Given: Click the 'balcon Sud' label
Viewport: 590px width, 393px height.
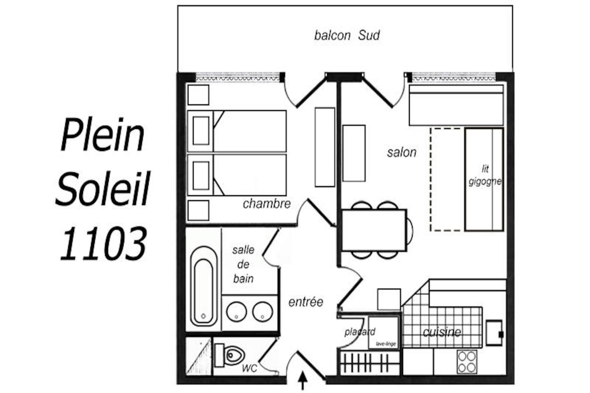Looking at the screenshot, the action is (x=347, y=35).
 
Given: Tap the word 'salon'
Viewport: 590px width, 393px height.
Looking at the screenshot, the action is (x=402, y=152).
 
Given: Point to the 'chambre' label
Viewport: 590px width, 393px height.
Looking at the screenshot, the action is (x=267, y=204).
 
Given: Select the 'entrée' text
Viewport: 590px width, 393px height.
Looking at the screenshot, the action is (x=306, y=302).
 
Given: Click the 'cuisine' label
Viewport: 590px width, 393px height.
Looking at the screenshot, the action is (x=442, y=332).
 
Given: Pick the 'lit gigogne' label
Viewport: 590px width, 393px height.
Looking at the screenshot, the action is (x=485, y=175).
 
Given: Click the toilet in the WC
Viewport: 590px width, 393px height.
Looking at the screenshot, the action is (x=230, y=355).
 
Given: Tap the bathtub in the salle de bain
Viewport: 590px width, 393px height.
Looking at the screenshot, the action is (x=204, y=286).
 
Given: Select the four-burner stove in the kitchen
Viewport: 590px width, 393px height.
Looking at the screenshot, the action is (x=467, y=362).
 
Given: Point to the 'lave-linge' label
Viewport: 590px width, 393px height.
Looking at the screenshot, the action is (x=386, y=344).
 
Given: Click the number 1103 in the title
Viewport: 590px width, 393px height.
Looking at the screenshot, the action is (x=103, y=244).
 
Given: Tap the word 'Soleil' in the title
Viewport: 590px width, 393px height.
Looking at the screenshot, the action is (x=103, y=189).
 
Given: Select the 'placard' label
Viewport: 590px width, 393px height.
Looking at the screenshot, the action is (x=360, y=332).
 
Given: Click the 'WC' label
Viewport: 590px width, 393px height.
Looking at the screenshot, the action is (x=249, y=368).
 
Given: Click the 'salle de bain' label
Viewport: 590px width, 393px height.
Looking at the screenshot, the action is (x=243, y=264).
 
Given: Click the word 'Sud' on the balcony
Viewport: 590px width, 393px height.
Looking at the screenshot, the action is (x=369, y=35).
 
